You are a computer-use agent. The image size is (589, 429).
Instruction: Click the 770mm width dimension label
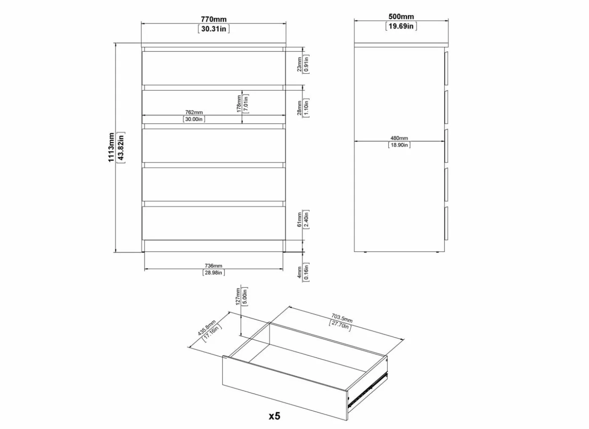point(214,19)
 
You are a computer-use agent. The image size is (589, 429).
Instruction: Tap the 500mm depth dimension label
point(401,16)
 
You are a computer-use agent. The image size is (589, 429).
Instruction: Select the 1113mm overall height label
point(111,147)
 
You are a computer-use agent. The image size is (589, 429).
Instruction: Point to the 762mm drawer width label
point(194,112)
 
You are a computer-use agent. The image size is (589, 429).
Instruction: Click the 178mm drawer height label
point(239,104)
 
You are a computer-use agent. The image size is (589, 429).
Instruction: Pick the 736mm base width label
point(214,266)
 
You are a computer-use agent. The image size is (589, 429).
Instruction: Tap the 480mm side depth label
point(399,138)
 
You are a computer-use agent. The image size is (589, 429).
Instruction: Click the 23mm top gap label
point(299,64)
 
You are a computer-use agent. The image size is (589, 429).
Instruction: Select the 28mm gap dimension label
point(299,108)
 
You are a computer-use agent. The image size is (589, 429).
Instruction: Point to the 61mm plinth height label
point(299,220)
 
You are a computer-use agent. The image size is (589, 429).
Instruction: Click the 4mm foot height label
point(299,272)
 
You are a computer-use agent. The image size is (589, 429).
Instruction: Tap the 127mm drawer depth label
point(238,296)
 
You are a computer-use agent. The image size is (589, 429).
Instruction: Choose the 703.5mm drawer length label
point(342,318)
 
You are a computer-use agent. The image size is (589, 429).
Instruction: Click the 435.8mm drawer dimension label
point(207,328)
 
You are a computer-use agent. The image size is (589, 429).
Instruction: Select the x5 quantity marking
point(274,416)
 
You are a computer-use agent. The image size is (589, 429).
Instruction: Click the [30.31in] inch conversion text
point(214,29)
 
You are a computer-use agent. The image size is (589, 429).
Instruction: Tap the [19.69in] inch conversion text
point(401,26)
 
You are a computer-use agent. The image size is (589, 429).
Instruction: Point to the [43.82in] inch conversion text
point(121,147)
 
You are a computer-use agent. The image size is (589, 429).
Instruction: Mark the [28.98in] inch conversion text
point(214,273)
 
